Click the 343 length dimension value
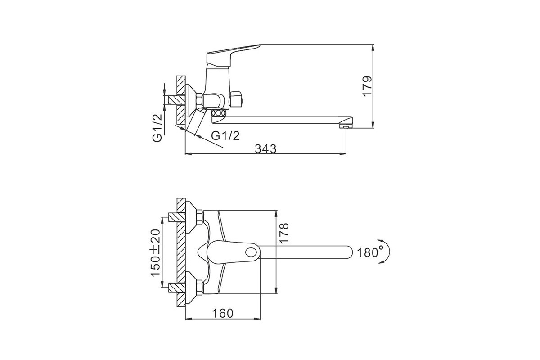tap(265, 149)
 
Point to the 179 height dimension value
tap(368, 86)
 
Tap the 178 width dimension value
tap(284, 233)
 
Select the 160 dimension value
tap(223, 313)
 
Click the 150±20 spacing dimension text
tap(156, 252)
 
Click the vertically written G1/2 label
tap(157, 128)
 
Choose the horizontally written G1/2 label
tap(225, 136)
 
